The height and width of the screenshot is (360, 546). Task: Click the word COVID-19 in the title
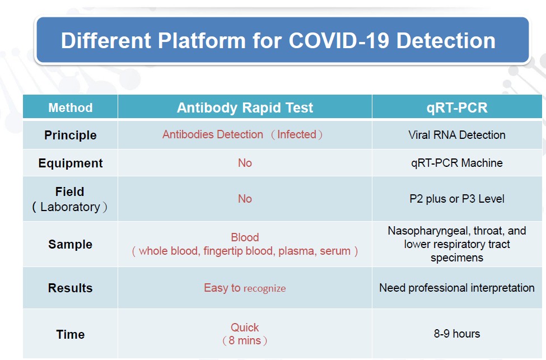[338, 40]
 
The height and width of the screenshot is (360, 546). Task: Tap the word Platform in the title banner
[202, 40]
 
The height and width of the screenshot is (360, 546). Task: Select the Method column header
[71, 107]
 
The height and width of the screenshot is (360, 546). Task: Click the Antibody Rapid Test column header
[245, 107]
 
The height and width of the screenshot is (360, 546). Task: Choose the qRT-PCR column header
[457, 107]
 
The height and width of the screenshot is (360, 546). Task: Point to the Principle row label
[71, 135]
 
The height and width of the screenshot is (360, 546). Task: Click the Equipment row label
[71, 163]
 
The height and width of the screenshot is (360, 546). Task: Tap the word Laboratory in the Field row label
[71, 207]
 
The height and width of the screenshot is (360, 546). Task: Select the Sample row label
[71, 245]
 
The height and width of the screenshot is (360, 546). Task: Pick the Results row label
[71, 288]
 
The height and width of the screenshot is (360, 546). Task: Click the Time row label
[71, 334]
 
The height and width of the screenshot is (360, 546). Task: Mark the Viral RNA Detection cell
[457, 135]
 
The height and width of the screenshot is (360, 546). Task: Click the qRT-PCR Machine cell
[457, 162]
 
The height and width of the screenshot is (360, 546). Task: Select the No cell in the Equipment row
[245, 162]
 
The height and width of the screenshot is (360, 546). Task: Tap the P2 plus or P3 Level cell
[457, 199]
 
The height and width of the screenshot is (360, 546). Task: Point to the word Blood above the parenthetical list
[245, 237]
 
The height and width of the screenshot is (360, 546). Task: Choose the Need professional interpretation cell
[457, 288]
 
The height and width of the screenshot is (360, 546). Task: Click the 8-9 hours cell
[457, 334]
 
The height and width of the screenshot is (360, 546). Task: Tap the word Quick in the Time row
[245, 328]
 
